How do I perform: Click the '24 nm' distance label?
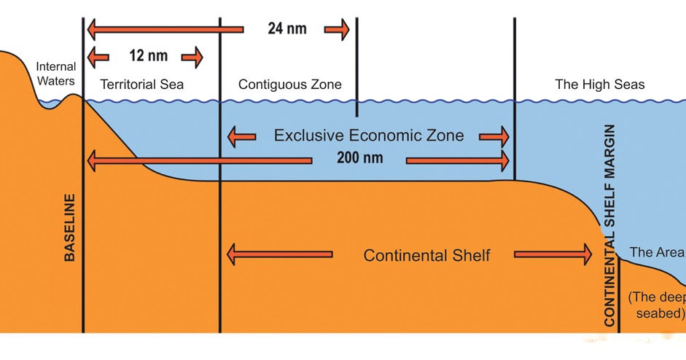(x=287, y=29)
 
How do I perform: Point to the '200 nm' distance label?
(x=359, y=157)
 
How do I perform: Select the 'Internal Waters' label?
(x=56, y=73)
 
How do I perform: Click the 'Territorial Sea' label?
(x=142, y=85)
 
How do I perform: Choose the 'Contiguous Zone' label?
(x=289, y=85)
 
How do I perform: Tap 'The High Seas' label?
(x=600, y=85)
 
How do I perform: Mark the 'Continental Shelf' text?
(x=426, y=256)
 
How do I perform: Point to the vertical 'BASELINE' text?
(x=71, y=227)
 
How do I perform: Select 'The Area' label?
(x=657, y=252)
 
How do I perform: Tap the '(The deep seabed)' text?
(x=657, y=305)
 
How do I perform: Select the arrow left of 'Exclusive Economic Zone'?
(x=241, y=136)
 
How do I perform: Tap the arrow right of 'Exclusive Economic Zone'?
(x=494, y=136)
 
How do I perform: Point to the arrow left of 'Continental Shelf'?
(x=280, y=255)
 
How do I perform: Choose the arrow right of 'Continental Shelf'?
(x=553, y=255)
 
